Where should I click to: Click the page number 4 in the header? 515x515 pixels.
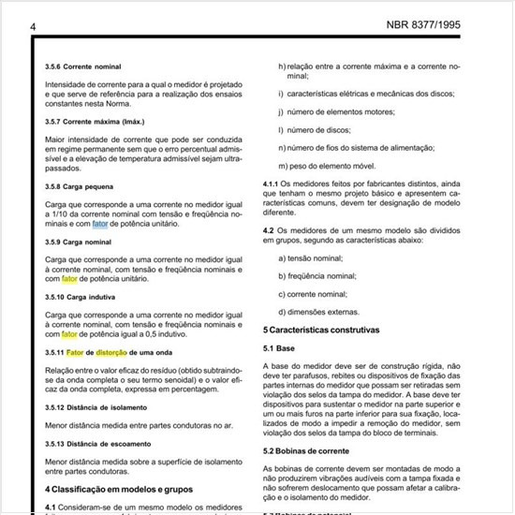pos(34,27)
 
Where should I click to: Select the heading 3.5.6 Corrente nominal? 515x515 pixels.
pos(85,68)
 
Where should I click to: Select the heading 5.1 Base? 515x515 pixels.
pos(281,347)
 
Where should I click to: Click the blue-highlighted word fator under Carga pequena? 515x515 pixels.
pos(100,224)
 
